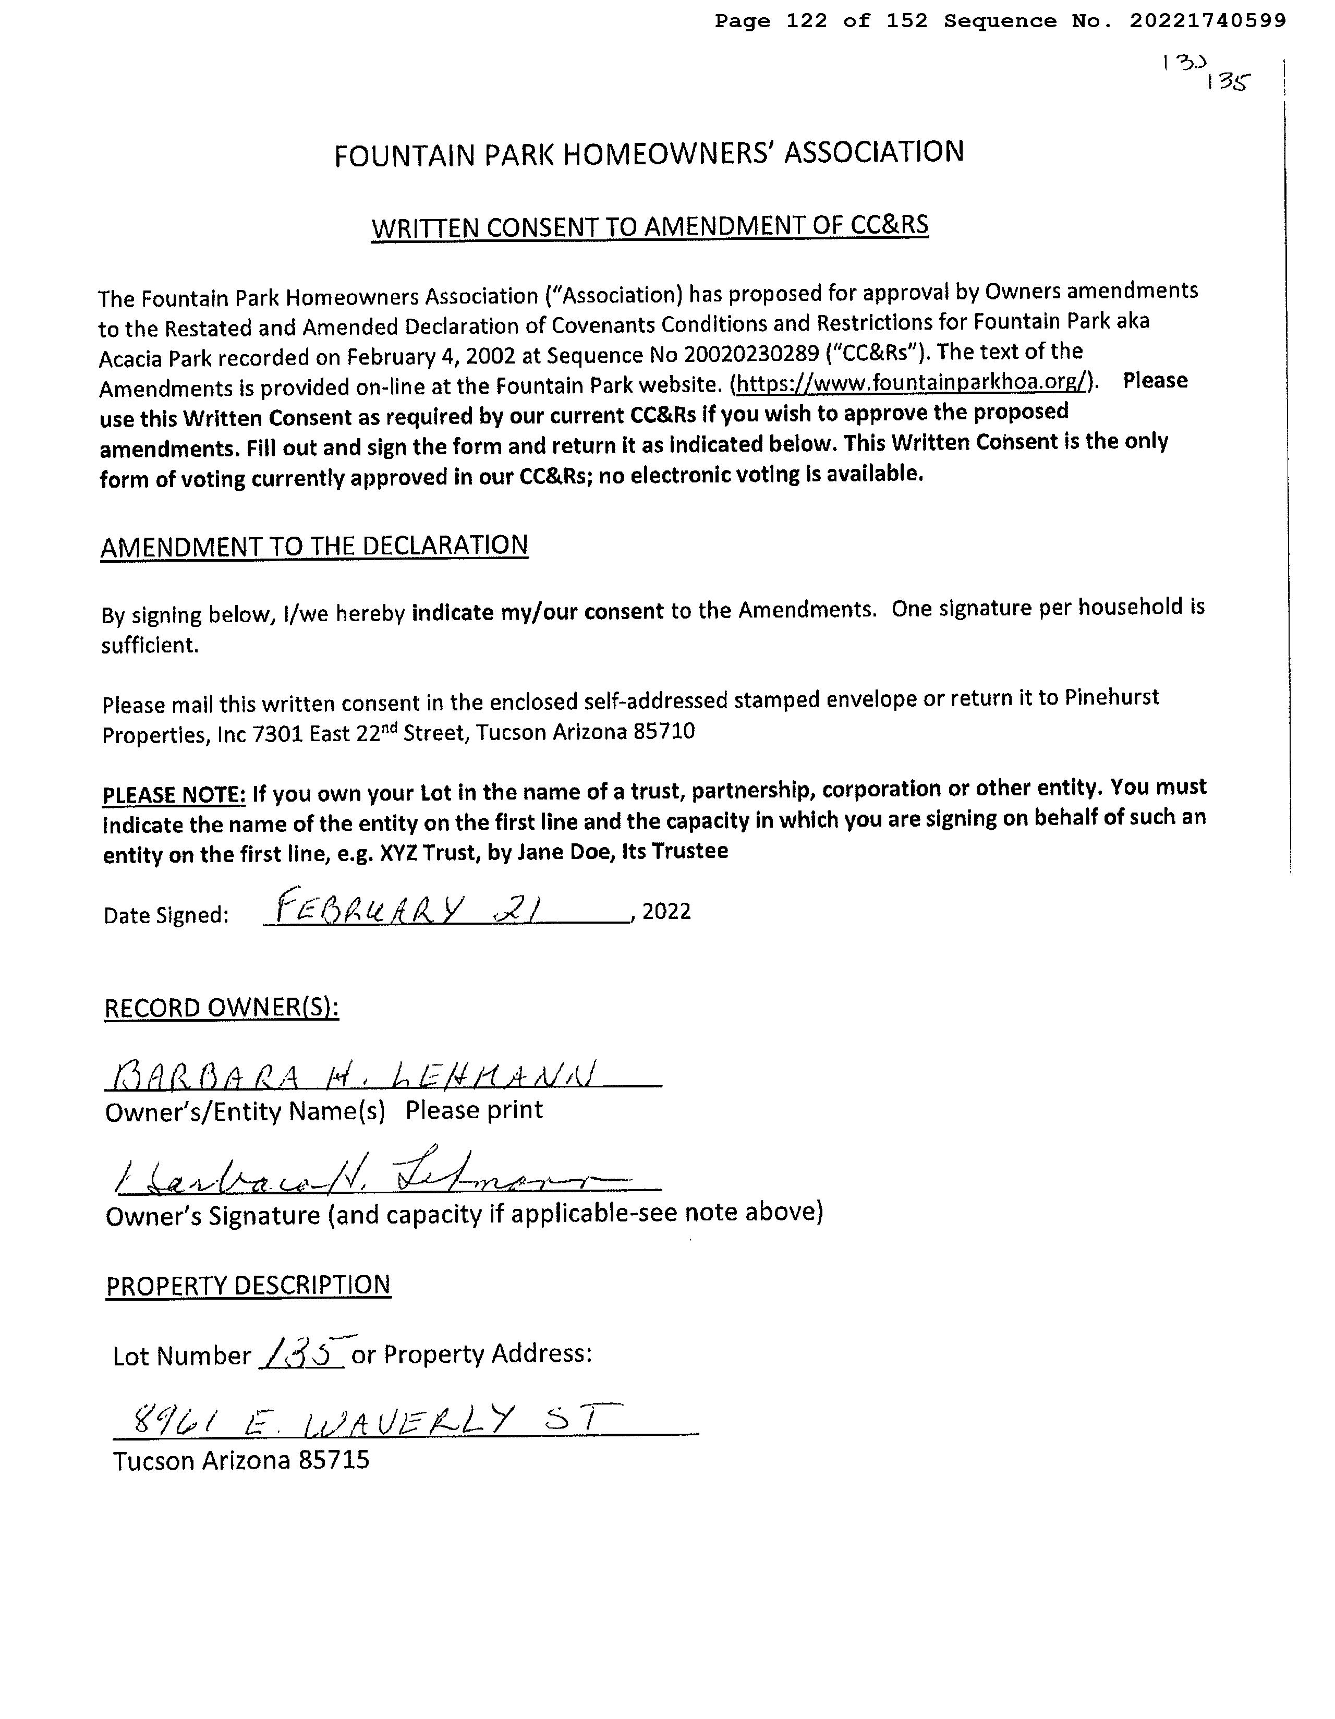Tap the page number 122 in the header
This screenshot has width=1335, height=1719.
[806, 21]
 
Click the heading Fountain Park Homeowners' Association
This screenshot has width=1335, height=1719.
[649, 153]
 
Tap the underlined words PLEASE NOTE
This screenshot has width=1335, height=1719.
[174, 795]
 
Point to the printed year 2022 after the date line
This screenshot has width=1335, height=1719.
[666, 912]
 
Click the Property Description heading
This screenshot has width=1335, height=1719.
[248, 1285]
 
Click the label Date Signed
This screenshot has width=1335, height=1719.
[166, 915]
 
